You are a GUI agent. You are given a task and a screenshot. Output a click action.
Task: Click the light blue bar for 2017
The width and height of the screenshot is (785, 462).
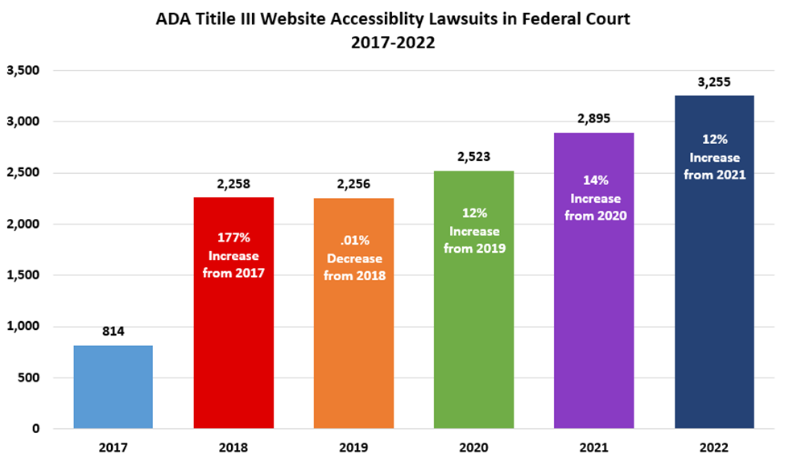[x=113, y=387]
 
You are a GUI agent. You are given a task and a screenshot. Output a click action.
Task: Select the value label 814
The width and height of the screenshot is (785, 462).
[x=113, y=332]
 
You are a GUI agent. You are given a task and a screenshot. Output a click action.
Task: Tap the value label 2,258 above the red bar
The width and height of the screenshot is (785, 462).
[x=233, y=184]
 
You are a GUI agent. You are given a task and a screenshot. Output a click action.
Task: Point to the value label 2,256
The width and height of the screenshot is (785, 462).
[x=353, y=184]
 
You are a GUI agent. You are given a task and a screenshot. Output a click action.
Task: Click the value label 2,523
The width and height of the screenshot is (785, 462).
[x=474, y=156]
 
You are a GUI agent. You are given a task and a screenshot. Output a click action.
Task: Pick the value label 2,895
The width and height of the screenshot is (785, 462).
[x=594, y=118]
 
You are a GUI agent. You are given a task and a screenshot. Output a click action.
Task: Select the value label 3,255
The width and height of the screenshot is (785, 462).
[x=714, y=81]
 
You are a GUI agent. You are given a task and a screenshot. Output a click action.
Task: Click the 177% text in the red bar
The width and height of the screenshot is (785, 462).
[x=233, y=238]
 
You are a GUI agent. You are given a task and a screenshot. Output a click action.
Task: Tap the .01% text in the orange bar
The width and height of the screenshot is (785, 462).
[x=354, y=241]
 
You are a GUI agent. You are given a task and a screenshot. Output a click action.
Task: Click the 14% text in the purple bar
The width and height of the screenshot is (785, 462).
[x=594, y=180]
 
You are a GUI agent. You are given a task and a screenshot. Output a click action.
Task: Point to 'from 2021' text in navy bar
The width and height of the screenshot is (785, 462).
[x=714, y=174]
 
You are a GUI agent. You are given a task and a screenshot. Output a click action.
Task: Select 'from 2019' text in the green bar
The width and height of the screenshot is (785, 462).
[x=474, y=248]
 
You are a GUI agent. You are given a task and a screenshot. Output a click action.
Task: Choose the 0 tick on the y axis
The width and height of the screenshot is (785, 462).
[x=35, y=429]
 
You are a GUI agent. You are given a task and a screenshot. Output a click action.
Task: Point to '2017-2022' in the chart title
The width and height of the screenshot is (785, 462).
[x=392, y=43]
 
